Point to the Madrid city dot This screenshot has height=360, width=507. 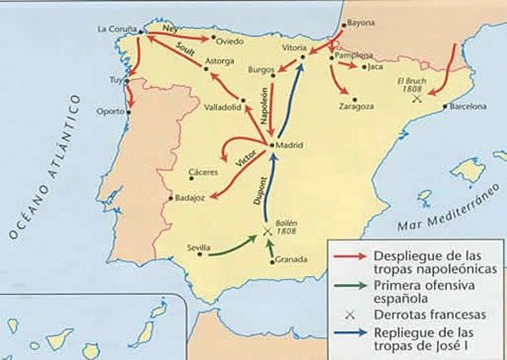point(272,145)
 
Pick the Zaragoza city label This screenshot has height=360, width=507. point(356,106)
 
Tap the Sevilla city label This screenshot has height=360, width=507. point(198,247)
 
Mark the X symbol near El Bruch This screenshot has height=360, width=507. point(417,99)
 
